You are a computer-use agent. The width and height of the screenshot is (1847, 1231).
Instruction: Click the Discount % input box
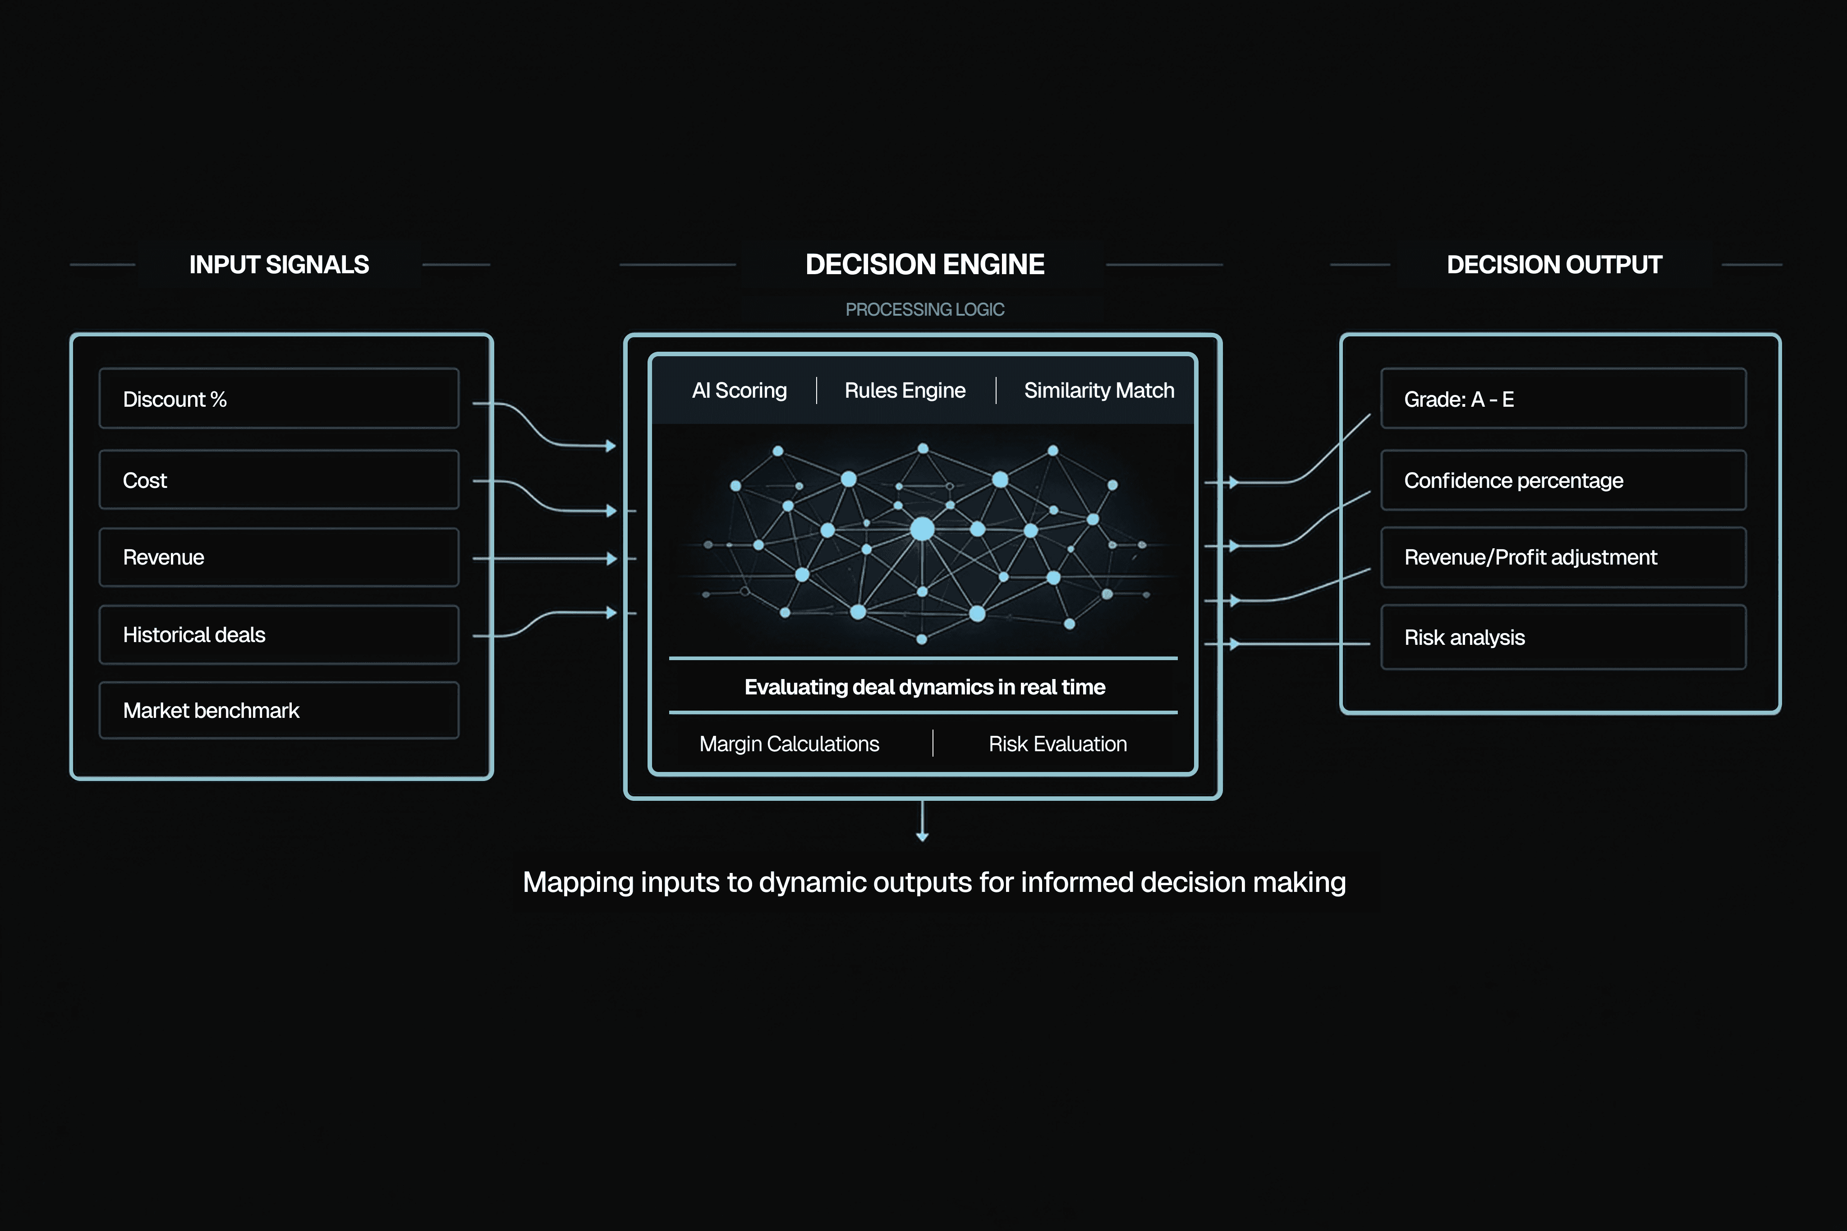[279, 399]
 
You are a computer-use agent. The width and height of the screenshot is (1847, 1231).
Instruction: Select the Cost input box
[279, 480]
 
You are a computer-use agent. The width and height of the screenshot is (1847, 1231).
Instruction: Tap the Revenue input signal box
[279, 557]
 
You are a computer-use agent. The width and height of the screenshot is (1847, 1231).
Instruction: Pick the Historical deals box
[279, 634]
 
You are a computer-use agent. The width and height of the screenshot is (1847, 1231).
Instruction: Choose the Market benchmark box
[279, 711]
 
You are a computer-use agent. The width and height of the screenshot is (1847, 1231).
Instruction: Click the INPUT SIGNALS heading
[279, 265]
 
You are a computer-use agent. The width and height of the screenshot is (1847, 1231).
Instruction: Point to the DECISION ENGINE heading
[925, 265]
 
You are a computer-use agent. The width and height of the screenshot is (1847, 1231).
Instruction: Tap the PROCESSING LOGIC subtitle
[925, 309]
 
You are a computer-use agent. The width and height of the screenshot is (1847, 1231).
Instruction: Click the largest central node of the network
[922, 528]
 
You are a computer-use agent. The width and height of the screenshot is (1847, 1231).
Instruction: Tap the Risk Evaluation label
[1057, 744]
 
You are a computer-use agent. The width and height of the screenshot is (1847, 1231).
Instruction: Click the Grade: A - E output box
[1563, 399]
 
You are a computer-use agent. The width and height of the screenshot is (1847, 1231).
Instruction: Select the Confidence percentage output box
[1563, 480]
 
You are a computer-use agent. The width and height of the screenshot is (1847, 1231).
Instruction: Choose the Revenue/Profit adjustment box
[1563, 557]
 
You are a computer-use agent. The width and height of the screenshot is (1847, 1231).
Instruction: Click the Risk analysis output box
[1563, 637]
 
